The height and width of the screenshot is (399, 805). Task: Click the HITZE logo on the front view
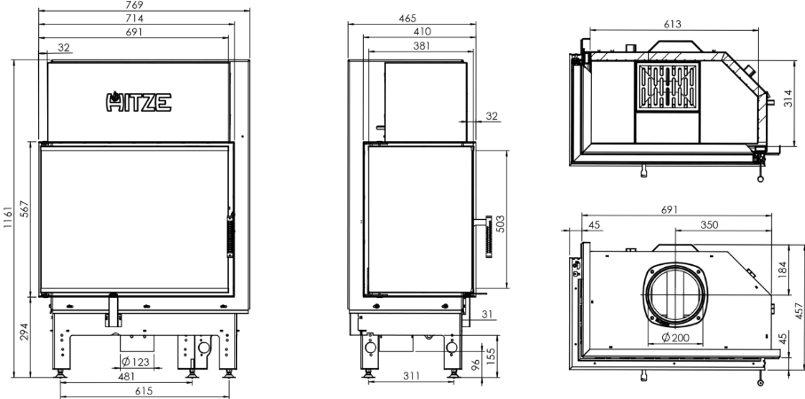(x=138, y=102)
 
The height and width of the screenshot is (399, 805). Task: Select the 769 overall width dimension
(x=134, y=4)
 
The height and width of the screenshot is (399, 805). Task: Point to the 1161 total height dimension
(x=8, y=218)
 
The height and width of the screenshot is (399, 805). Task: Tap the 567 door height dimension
(x=25, y=208)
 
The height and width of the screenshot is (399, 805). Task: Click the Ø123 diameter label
(x=136, y=362)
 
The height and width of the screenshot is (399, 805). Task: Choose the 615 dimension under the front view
(x=144, y=391)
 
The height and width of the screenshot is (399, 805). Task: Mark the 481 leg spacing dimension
(x=126, y=377)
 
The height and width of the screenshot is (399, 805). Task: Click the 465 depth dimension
(x=407, y=19)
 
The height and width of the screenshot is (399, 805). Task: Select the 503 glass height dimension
(x=501, y=223)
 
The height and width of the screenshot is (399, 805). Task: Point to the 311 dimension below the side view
(x=411, y=376)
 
